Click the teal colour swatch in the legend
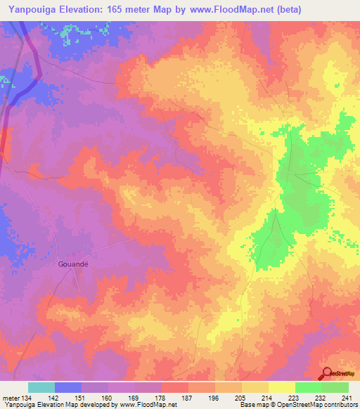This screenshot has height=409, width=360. click(x=41, y=387)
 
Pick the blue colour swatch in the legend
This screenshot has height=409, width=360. click(x=68, y=387)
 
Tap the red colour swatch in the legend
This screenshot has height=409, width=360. click(x=175, y=387)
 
